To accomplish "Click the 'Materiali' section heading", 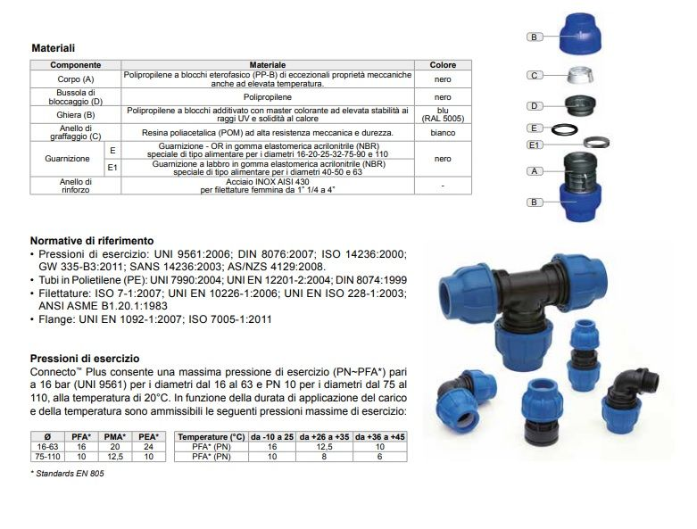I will (53, 47).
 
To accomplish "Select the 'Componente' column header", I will (75, 65).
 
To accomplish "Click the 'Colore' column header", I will (443, 65).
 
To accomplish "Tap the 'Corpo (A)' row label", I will (75, 79).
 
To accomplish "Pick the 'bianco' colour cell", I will (443, 132).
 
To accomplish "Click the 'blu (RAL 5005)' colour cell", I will (443, 114).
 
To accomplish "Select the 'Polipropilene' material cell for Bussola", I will (267, 96).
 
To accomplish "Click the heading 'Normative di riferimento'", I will (92, 241).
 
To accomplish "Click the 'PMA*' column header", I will (113, 436).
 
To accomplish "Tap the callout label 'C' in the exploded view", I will (534, 76).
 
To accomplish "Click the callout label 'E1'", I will (535, 145).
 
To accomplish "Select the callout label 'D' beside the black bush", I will (534, 106).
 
